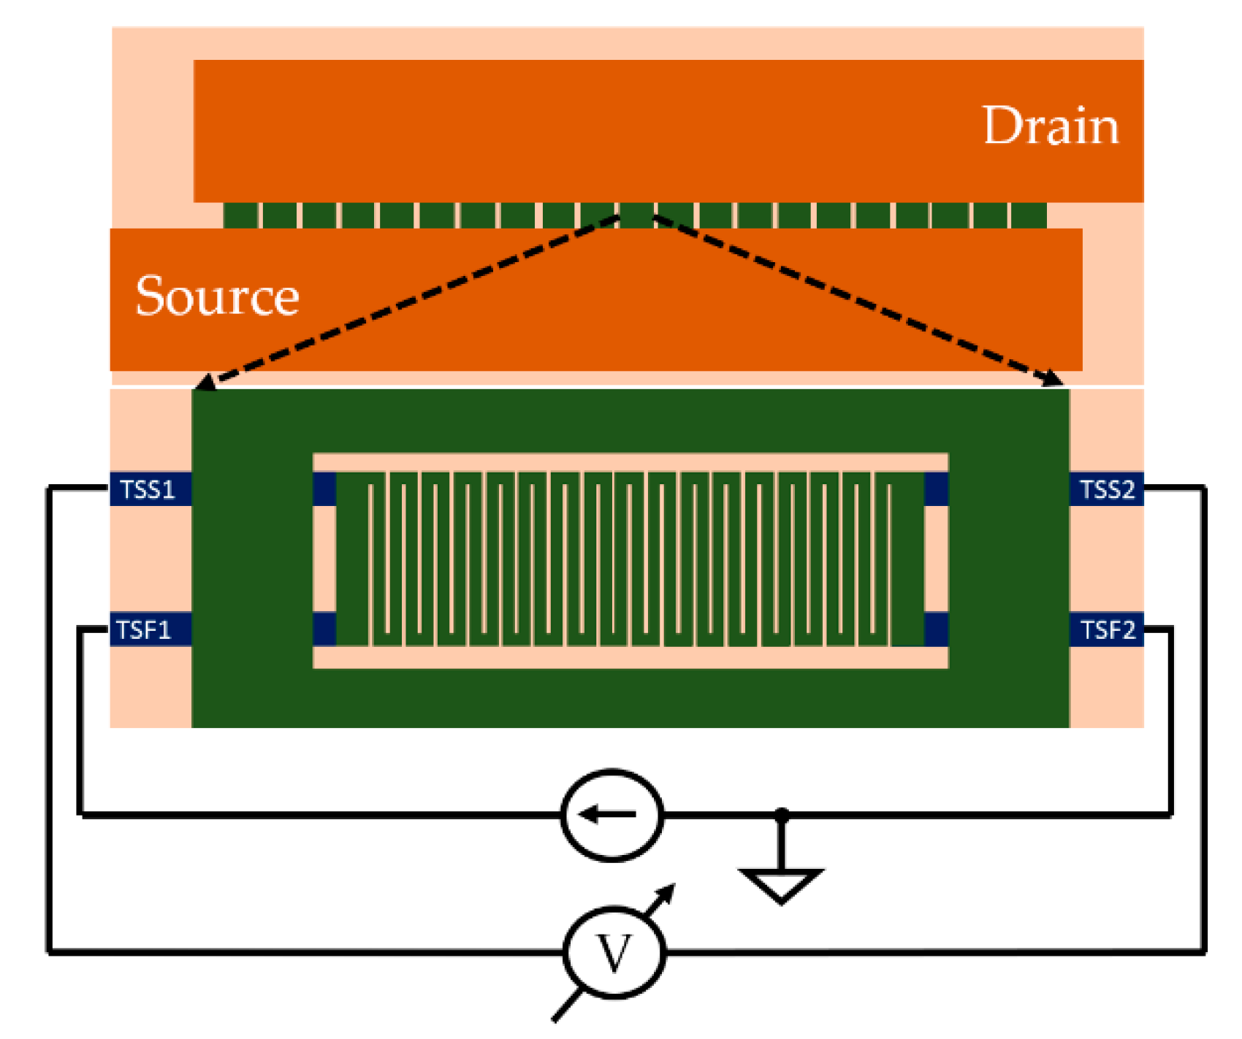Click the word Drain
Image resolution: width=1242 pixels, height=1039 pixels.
[x=1050, y=126]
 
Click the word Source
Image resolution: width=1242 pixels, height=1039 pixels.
[x=217, y=296]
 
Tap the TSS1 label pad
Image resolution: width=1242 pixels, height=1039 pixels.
[x=151, y=489]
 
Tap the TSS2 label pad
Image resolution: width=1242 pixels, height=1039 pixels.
[x=1106, y=489]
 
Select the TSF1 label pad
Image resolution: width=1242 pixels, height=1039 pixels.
[x=151, y=629]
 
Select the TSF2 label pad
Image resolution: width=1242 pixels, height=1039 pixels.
[x=1106, y=629]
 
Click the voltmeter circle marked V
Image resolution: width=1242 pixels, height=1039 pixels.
[x=614, y=953]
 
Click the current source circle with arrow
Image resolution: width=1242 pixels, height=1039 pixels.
[x=612, y=815]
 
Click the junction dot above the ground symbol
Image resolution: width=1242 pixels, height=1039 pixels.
[x=782, y=813]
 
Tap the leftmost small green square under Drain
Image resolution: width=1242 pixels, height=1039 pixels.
[x=241, y=215]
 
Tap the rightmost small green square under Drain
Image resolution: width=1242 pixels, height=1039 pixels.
[x=1029, y=215]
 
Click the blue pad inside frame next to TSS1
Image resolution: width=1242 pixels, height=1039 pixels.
[x=324, y=489]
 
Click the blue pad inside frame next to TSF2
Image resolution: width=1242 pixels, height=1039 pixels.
[x=937, y=629]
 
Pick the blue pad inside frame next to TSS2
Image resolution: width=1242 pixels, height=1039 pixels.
[x=937, y=489]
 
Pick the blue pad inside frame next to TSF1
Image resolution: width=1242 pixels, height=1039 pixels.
[x=324, y=629]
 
